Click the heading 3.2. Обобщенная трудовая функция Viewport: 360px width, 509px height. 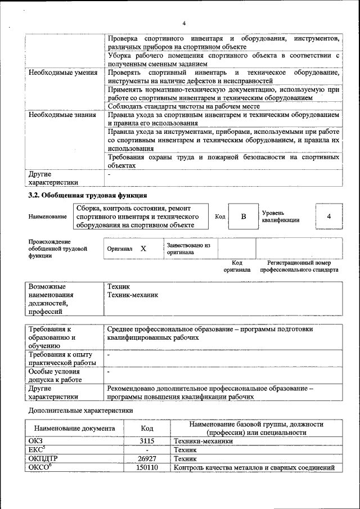[x=88, y=196]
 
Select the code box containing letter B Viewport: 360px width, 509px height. [x=243, y=217]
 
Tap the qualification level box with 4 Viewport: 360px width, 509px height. [x=328, y=217]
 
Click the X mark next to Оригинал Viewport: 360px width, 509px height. [x=143, y=249]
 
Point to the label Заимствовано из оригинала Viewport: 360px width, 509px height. [x=188, y=249]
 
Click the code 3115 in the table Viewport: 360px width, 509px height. [x=146, y=441]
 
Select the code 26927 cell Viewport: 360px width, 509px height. [x=146, y=459]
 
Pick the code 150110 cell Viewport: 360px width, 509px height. [x=146, y=468]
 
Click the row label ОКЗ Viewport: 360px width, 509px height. [x=35, y=441]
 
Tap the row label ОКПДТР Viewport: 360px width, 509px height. [x=43, y=459]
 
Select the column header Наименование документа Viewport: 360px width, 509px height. [x=74, y=428]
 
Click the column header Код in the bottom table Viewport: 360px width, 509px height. [x=146, y=428]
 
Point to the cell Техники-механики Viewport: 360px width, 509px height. [x=202, y=441]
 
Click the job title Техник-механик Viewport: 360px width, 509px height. [x=133, y=295]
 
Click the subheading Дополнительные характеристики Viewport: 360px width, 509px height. [x=80, y=411]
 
